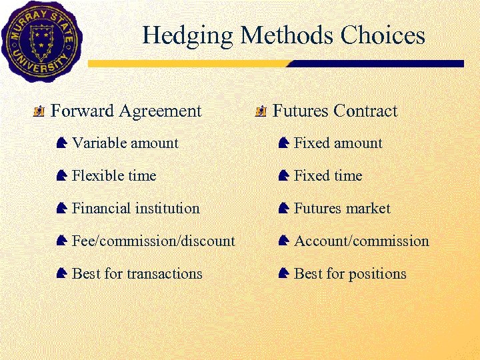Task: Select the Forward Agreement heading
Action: tap(126, 111)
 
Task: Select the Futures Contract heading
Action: tap(335, 111)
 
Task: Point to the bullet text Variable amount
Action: tap(125, 143)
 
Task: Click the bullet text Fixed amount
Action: tap(338, 143)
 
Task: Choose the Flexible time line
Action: tap(113, 175)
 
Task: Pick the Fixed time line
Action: tap(328, 175)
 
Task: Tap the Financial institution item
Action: tap(135, 208)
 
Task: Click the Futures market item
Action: tap(342, 208)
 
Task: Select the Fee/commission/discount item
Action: tap(153, 241)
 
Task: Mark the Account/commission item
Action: tap(361, 241)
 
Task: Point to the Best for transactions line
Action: tap(137, 273)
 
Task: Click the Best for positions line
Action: tap(350, 273)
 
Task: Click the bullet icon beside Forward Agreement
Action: tap(39, 111)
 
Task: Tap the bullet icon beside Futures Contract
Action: tap(261, 111)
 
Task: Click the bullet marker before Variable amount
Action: tap(61, 143)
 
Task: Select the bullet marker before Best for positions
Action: tap(283, 273)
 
